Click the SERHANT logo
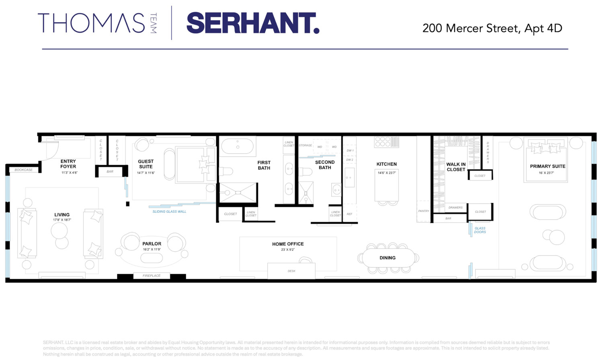pos(252,23)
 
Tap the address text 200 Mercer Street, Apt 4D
pos(492,28)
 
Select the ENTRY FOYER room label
pos(68,164)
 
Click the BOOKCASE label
pos(24,170)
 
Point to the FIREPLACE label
pos(152,276)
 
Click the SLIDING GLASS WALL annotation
pos(169,212)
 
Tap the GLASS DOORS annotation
pos(480,230)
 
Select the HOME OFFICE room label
pos(288,244)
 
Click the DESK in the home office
pos(291,271)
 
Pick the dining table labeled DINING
pos(388,258)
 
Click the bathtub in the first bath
pos(238,147)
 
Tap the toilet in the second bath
pos(306,172)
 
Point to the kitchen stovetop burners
pos(386,142)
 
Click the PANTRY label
pos(424,211)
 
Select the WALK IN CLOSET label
pos(456,167)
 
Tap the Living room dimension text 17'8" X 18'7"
pos(62,220)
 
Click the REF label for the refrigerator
pos(349,214)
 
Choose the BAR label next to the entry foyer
pos(110,172)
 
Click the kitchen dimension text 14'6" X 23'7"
pos(387,173)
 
